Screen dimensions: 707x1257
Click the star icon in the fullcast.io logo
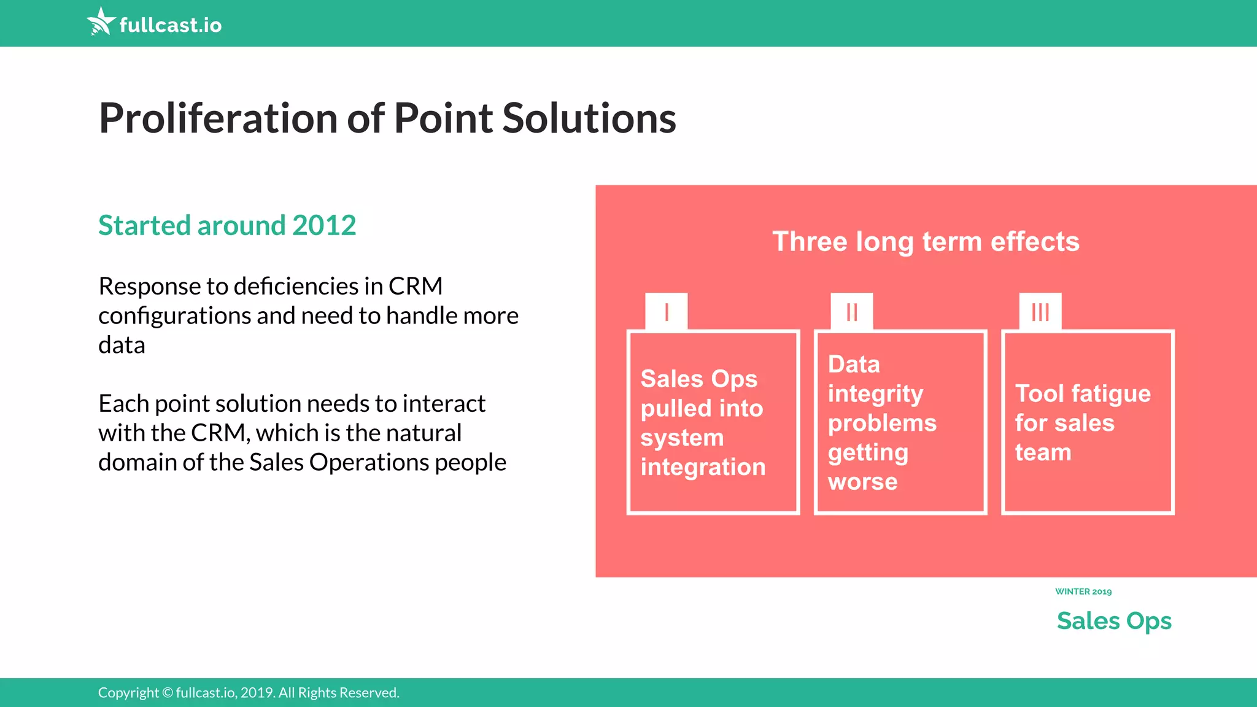[101, 21]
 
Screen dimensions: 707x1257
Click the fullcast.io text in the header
[170, 25]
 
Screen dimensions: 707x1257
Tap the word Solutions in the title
[589, 118]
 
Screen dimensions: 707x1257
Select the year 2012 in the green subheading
[324, 225]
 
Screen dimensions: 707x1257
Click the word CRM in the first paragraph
[416, 286]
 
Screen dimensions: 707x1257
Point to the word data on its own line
[122, 345]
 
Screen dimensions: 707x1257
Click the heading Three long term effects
[926, 241]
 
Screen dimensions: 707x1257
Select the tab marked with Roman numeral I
[667, 312]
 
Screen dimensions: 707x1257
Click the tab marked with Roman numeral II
[852, 312]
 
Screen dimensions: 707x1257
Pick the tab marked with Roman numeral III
[1040, 312]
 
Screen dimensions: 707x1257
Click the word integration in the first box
[703, 468]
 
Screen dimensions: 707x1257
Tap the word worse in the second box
[862, 482]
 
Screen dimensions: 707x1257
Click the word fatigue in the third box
[1112, 394]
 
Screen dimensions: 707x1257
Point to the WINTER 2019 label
[1083, 592]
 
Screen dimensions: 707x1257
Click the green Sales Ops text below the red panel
[1114, 621]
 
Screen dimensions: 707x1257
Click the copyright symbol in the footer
[168, 693]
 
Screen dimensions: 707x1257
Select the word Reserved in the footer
[369, 693]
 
